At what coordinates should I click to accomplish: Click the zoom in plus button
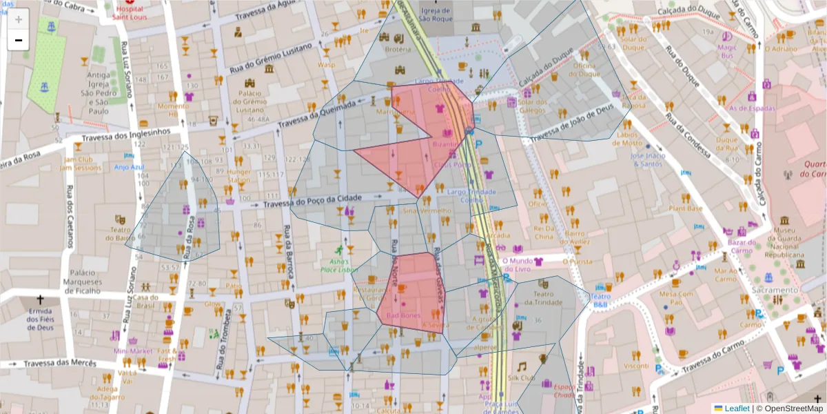point(19,19)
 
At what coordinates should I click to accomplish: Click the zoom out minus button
point(19,40)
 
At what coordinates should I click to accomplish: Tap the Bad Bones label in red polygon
point(403,315)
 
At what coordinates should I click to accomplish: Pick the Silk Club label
point(522,377)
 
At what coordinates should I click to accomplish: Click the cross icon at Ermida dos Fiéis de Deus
point(40,300)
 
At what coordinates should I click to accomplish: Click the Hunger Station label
point(239,176)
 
